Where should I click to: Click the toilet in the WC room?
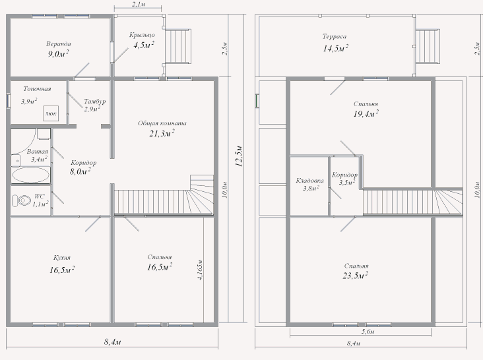pyautogui.click(x=22, y=200)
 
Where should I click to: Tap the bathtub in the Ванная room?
pyautogui.click(x=30, y=175)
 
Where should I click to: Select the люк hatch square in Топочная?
pyautogui.click(x=51, y=113)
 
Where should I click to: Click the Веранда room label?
pyautogui.click(x=59, y=44)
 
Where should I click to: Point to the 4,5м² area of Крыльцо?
pyautogui.click(x=144, y=45)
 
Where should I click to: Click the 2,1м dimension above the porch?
pyautogui.click(x=139, y=5)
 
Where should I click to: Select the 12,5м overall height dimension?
pyautogui.click(x=239, y=156)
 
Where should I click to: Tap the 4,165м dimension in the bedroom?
pyautogui.click(x=200, y=270)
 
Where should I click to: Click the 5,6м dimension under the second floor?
pyautogui.click(x=368, y=332)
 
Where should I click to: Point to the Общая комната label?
pyautogui.click(x=162, y=123)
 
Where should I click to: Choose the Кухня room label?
pyautogui.click(x=62, y=258)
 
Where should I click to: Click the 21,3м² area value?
pyautogui.click(x=162, y=133)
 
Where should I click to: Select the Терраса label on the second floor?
pyautogui.click(x=335, y=36)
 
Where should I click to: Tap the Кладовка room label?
pyautogui.click(x=309, y=180)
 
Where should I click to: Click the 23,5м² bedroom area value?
pyautogui.click(x=356, y=276)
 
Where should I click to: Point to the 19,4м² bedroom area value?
pyautogui.click(x=366, y=114)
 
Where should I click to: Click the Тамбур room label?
pyautogui.click(x=95, y=102)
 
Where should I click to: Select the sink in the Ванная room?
pyautogui.click(x=16, y=160)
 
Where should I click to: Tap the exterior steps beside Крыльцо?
pyautogui.click(x=177, y=46)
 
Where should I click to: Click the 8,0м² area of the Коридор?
pyautogui.click(x=80, y=171)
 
